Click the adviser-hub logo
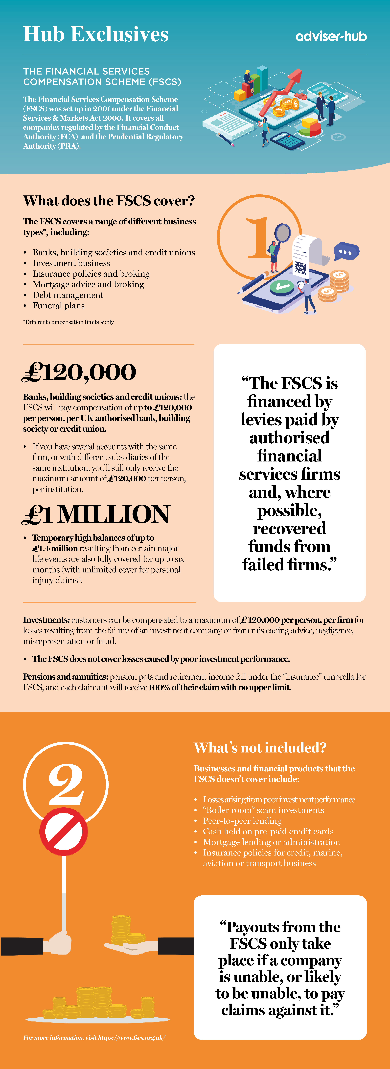[x=331, y=37]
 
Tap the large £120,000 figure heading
[x=79, y=372]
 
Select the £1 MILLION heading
[x=96, y=515]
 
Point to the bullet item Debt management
[x=68, y=295]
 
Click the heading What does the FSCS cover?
[x=109, y=201]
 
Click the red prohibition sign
[x=63, y=831]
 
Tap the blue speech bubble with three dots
[x=346, y=251]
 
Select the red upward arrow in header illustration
[x=282, y=91]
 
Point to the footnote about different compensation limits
[x=68, y=322]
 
